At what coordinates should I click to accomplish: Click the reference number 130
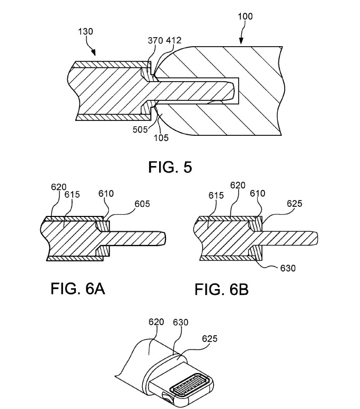[x=85, y=31]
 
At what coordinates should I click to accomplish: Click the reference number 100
[x=245, y=17]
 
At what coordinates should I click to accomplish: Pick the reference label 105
[x=161, y=137]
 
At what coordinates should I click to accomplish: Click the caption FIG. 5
[x=170, y=168]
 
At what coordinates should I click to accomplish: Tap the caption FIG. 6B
[x=222, y=290]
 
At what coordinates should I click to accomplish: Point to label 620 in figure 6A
[x=58, y=187]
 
